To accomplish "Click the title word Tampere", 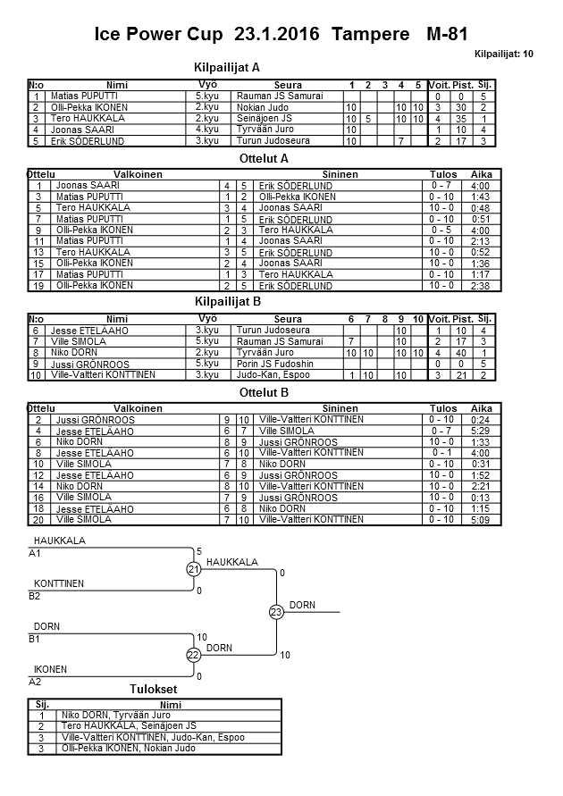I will (368, 35).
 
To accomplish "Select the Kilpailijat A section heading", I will (227, 67).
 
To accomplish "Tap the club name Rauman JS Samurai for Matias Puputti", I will (277, 96).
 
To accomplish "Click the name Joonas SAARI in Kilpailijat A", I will (73, 130).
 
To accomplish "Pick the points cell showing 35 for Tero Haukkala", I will (462, 118).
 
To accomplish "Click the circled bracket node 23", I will (276, 612).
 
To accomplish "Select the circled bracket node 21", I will (193, 569).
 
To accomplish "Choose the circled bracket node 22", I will (193, 655).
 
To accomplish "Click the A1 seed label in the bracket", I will (35, 554).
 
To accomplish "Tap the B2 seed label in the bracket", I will (35, 595).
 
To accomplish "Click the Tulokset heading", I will (153, 690).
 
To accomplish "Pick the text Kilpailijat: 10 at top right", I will (504, 54).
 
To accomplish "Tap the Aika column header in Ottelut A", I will (482, 174).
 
